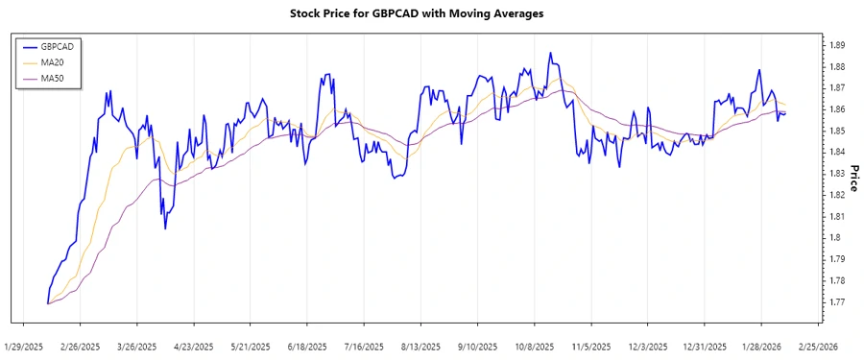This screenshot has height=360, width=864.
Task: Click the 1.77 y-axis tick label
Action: (837, 302)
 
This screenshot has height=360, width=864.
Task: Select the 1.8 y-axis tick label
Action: (835, 238)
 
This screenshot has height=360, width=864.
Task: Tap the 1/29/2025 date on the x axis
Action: (25, 346)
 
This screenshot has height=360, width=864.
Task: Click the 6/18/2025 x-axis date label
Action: (308, 346)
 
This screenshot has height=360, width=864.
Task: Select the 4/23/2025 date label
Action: (195, 346)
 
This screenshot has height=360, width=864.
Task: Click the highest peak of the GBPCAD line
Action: (550, 53)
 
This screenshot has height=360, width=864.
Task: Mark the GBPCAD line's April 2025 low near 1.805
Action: (165, 228)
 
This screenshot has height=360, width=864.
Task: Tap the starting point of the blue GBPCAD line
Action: (47, 303)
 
